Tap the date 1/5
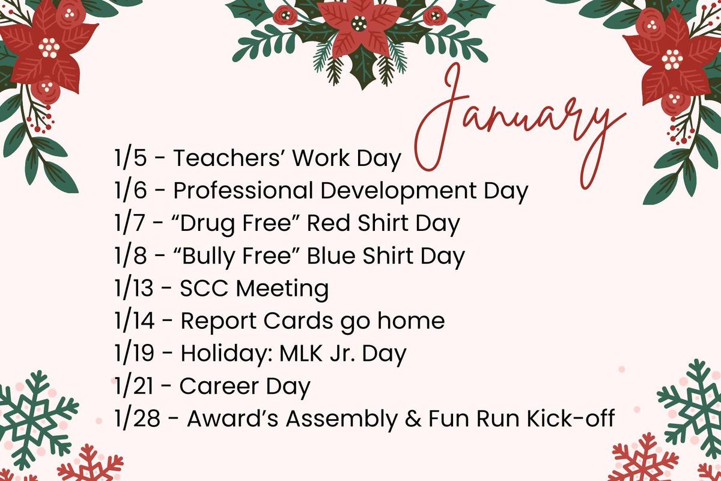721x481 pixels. pos(131,158)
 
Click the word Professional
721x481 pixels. pos(243,190)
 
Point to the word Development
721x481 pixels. pos(398,191)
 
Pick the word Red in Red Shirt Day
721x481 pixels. pos(328,223)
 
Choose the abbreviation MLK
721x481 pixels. pos(301,353)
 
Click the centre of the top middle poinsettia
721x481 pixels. pos(359,23)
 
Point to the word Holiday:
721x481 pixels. pos(227,354)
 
